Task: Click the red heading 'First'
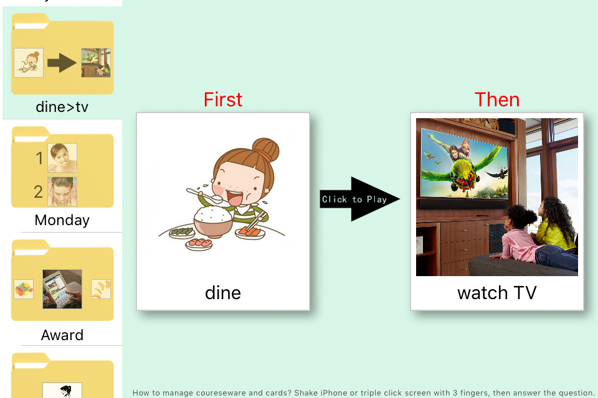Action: [223, 99]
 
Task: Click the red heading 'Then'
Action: [497, 99]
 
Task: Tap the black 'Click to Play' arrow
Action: [359, 199]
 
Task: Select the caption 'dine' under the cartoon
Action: [223, 293]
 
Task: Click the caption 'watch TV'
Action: [497, 293]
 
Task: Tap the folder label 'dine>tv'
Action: [62, 107]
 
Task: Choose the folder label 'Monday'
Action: [62, 220]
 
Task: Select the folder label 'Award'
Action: [62, 335]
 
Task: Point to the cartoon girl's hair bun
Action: [266, 150]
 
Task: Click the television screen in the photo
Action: [465, 164]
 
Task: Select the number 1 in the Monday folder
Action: [39, 158]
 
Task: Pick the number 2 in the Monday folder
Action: [38, 192]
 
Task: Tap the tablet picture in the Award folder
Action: [62, 289]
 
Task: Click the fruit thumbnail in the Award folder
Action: [24, 289]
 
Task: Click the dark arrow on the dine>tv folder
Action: [62, 63]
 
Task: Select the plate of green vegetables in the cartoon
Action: [182, 231]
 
